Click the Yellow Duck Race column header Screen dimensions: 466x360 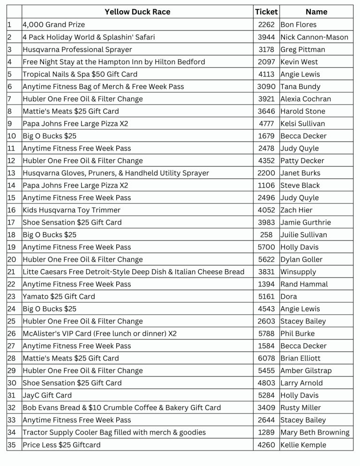click(x=137, y=12)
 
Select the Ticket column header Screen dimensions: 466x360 click(x=266, y=12)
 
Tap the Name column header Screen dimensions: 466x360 click(x=316, y=12)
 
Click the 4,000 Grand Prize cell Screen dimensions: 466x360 click(x=54, y=24)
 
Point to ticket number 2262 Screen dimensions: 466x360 click(x=266, y=24)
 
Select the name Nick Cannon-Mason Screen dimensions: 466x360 click(x=314, y=37)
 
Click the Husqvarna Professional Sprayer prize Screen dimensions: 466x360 click(x=77, y=49)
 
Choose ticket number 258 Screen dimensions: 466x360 click(x=266, y=234)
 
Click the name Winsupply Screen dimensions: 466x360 click(x=298, y=271)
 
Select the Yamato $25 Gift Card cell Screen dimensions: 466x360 click(x=59, y=296)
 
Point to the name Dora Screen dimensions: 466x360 click(x=289, y=296)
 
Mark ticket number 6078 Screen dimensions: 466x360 click(x=266, y=358)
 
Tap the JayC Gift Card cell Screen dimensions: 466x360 click(x=47, y=395)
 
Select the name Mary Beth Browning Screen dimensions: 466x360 click(x=315, y=432)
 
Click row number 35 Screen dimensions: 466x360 click(x=12, y=444)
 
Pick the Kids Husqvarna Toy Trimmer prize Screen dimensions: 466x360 click(x=72, y=210)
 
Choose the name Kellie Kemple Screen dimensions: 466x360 click(x=303, y=444)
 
